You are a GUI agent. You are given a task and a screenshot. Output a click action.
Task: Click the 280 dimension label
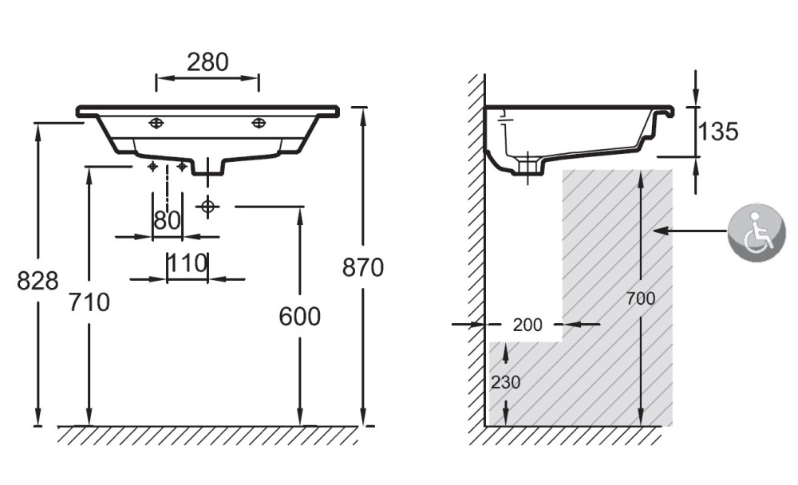click(x=207, y=61)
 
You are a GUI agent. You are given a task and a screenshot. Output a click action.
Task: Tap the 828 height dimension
click(x=38, y=281)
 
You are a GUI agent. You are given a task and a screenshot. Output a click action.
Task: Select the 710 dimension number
click(x=89, y=302)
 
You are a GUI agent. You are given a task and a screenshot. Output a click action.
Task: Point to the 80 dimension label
click(x=167, y=221)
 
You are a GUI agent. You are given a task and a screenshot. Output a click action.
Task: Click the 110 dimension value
click(x=188, y=262)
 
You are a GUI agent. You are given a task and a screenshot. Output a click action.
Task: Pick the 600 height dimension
click(x=299, y=317)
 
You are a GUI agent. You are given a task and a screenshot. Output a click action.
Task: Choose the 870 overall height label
click(x=363, y=267)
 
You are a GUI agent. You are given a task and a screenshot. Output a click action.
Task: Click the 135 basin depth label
click(x=718, y=132)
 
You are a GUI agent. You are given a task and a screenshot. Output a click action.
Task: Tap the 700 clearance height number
click(x=640, y=299)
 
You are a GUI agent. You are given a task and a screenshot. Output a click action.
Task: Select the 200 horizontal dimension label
click(x=527, y=325)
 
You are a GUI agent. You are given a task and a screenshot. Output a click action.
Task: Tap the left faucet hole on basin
click(x=156, y=123)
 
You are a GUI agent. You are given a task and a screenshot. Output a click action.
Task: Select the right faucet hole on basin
click(x=259, y=123)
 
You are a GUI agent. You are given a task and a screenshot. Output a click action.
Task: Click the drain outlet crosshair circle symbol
click(x=207, y=206)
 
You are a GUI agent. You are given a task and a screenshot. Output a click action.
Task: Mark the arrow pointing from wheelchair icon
click(x=690, y=231)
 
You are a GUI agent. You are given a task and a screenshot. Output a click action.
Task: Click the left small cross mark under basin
click(x=152, y=166)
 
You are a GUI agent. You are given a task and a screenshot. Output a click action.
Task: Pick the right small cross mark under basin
click(x=182, y=166)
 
